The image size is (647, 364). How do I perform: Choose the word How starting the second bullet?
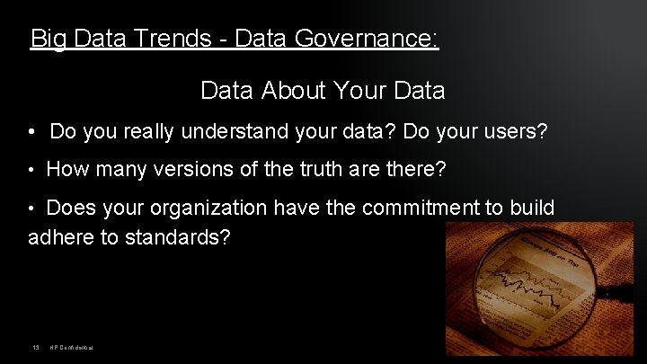pos(66,169)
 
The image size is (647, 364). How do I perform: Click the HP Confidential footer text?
pos(73,348)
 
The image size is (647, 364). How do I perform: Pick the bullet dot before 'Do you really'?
pos(31,133)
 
